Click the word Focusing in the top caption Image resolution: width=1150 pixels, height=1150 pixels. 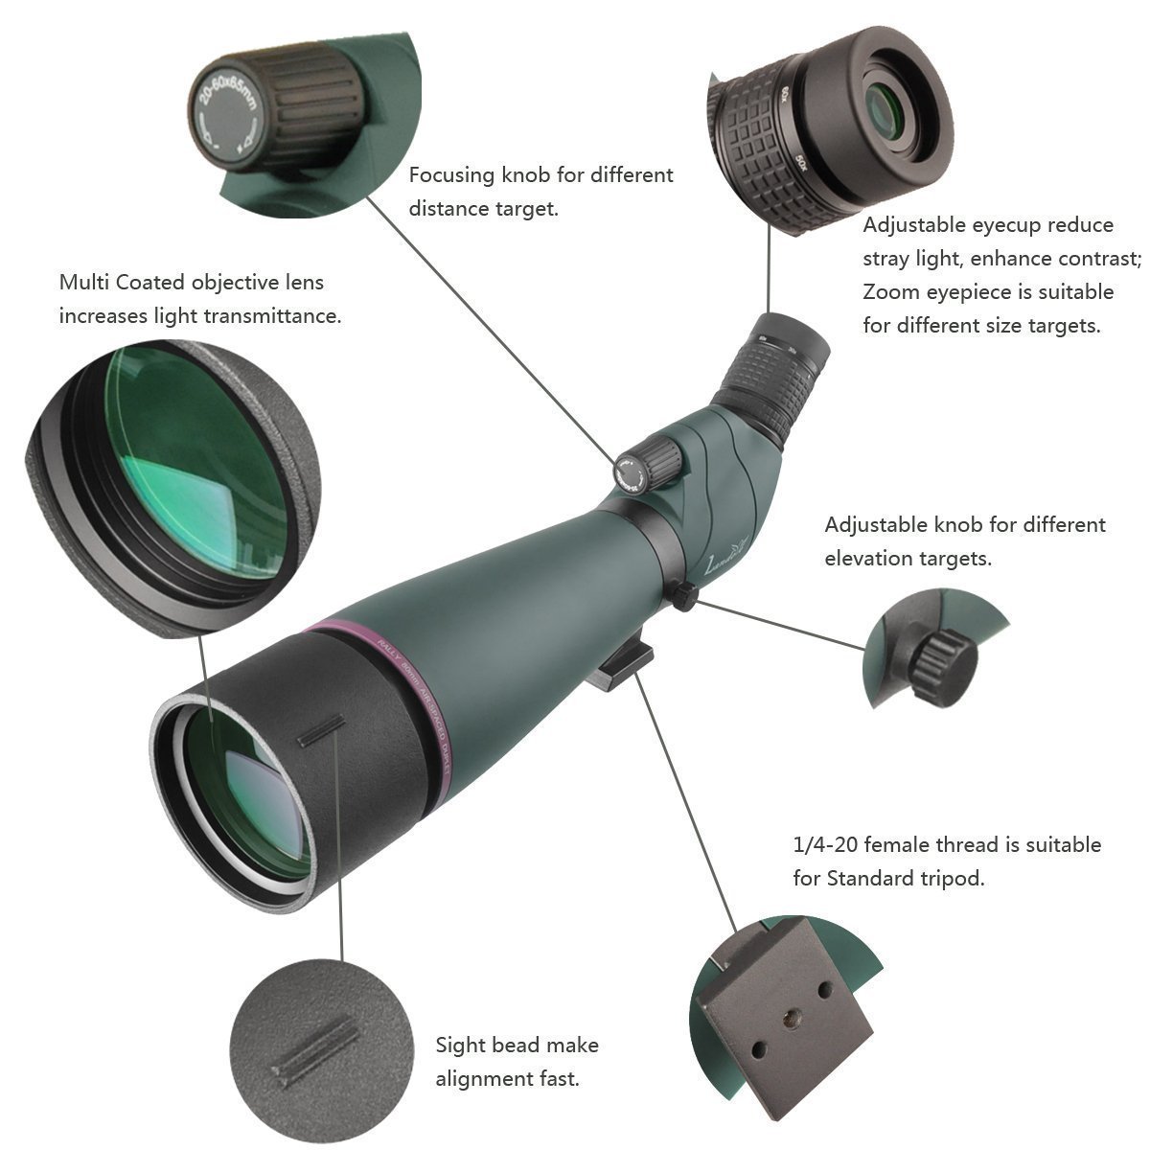pos(450,175)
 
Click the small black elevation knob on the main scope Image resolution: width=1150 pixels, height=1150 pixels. pos(683,597)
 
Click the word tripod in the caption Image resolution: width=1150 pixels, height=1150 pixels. pos(952,878)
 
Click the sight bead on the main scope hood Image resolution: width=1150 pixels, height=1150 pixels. pos(320,729)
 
